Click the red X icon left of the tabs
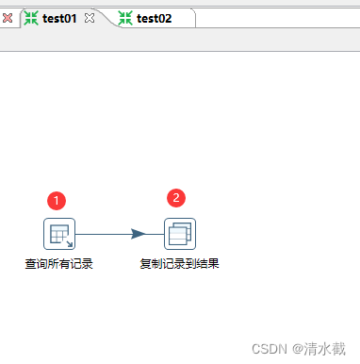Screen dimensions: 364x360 tap(8, 18)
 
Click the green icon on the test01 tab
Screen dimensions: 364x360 tap(31, 18)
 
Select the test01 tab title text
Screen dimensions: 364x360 tap(59, 18)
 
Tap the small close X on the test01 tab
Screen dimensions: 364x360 tap(90, 18)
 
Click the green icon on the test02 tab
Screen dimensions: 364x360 tap(125, 18)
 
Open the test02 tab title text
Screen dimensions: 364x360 tap(155, 18)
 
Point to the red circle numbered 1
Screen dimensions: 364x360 tap(57, 200)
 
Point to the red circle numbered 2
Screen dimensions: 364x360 tap(176, 198)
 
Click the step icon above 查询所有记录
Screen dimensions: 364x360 tap(58, 233)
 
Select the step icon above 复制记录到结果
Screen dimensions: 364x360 tap(179, 233)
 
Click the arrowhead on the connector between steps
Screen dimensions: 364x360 tap(139, 233)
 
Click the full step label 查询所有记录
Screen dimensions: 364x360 tap(58, 263)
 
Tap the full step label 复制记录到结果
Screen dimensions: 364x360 tap(179, 263)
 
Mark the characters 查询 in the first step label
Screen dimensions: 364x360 tap(36, 263)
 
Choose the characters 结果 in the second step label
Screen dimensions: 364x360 tap(207, 263)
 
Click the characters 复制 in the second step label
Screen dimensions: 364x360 tap(151, 263)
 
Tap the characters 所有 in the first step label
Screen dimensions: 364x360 tap(58, 263)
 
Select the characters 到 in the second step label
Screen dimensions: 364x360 tap(190, 263)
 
